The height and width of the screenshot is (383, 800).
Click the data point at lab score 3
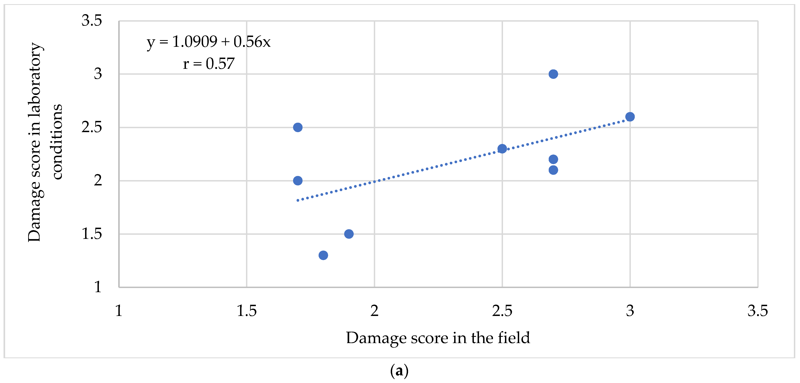(x=553, y=74)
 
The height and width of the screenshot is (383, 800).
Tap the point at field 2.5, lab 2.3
(x=502, y=149)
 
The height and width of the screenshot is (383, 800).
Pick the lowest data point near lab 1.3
(x=323, y=255)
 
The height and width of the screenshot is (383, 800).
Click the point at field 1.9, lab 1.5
(x=349, y=234)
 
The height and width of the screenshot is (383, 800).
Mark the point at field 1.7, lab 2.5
(x=298, y=127)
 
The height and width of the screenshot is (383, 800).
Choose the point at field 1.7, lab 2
(x=298, y=180)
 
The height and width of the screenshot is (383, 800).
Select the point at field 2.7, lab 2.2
(x=553, y=159)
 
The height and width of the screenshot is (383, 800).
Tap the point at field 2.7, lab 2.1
(x=553, y=170)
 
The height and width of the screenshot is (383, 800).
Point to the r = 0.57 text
(x=209, y=64)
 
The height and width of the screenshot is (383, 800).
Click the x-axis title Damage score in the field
(x=438, y=338)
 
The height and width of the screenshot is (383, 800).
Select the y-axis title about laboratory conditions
(x=45, y=142)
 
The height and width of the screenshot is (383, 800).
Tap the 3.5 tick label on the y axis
(x=92, y=20)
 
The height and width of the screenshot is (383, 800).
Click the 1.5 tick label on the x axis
(x=247, y=311)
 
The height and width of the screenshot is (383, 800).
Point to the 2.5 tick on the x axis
(x=502, y=311)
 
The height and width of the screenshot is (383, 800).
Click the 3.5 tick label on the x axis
(x=757, y=311)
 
